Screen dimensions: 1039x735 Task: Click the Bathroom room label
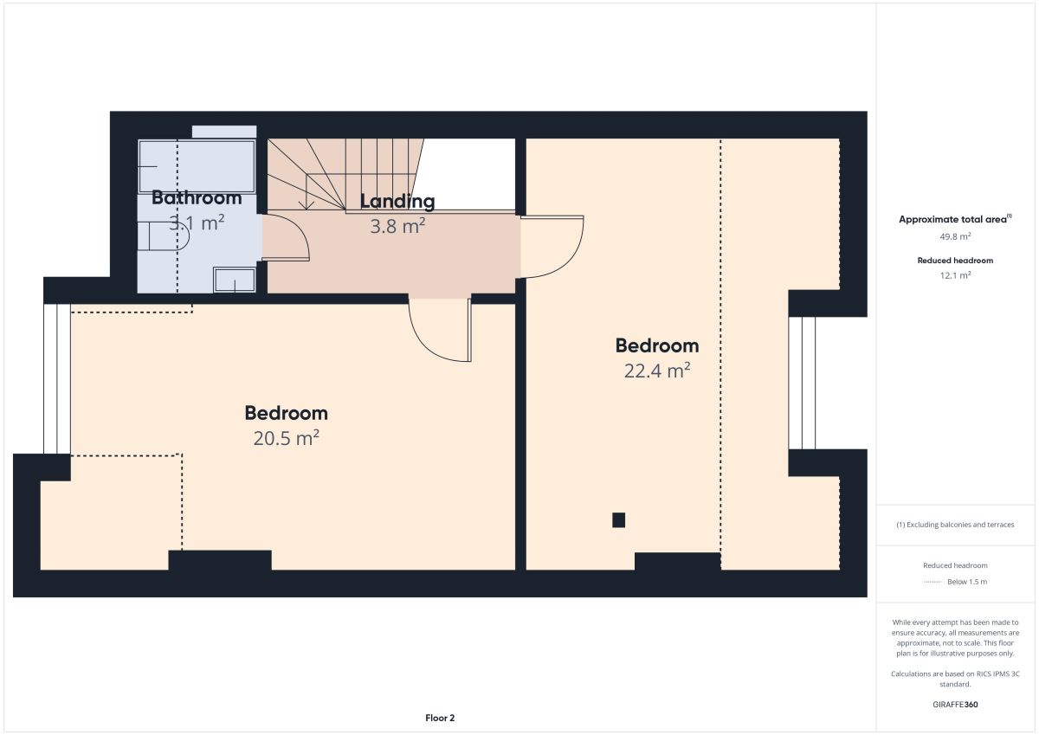click(x=197, y=198)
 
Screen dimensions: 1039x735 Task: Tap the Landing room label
click(x=397, y=201)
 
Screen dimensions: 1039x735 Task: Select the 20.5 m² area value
click(x=287, y=438)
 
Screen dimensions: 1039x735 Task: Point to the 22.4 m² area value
click(x=657, y=371)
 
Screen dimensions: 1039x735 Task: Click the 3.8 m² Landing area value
click(x=397, y=226)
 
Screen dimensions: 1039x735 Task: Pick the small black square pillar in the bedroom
click(x=618, y=519)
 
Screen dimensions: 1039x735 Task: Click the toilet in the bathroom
click(x=164, y=236)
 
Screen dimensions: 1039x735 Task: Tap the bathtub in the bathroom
click(x=197, y=166)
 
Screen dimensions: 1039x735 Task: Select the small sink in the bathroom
click(x=235, y=280)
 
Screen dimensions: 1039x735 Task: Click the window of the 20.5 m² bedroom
click(x=57, y=378)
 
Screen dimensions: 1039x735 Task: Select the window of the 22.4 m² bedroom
click(x=802, y=383)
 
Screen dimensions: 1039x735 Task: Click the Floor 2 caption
click(x=440, y=718)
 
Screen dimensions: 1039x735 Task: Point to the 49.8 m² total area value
click(x=955, y=236)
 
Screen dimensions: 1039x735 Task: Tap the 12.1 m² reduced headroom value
click(x=955, y=275)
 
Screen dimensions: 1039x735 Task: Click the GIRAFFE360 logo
click(x=955, y=705)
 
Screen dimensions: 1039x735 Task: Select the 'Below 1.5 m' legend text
click(x=967, y=582)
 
